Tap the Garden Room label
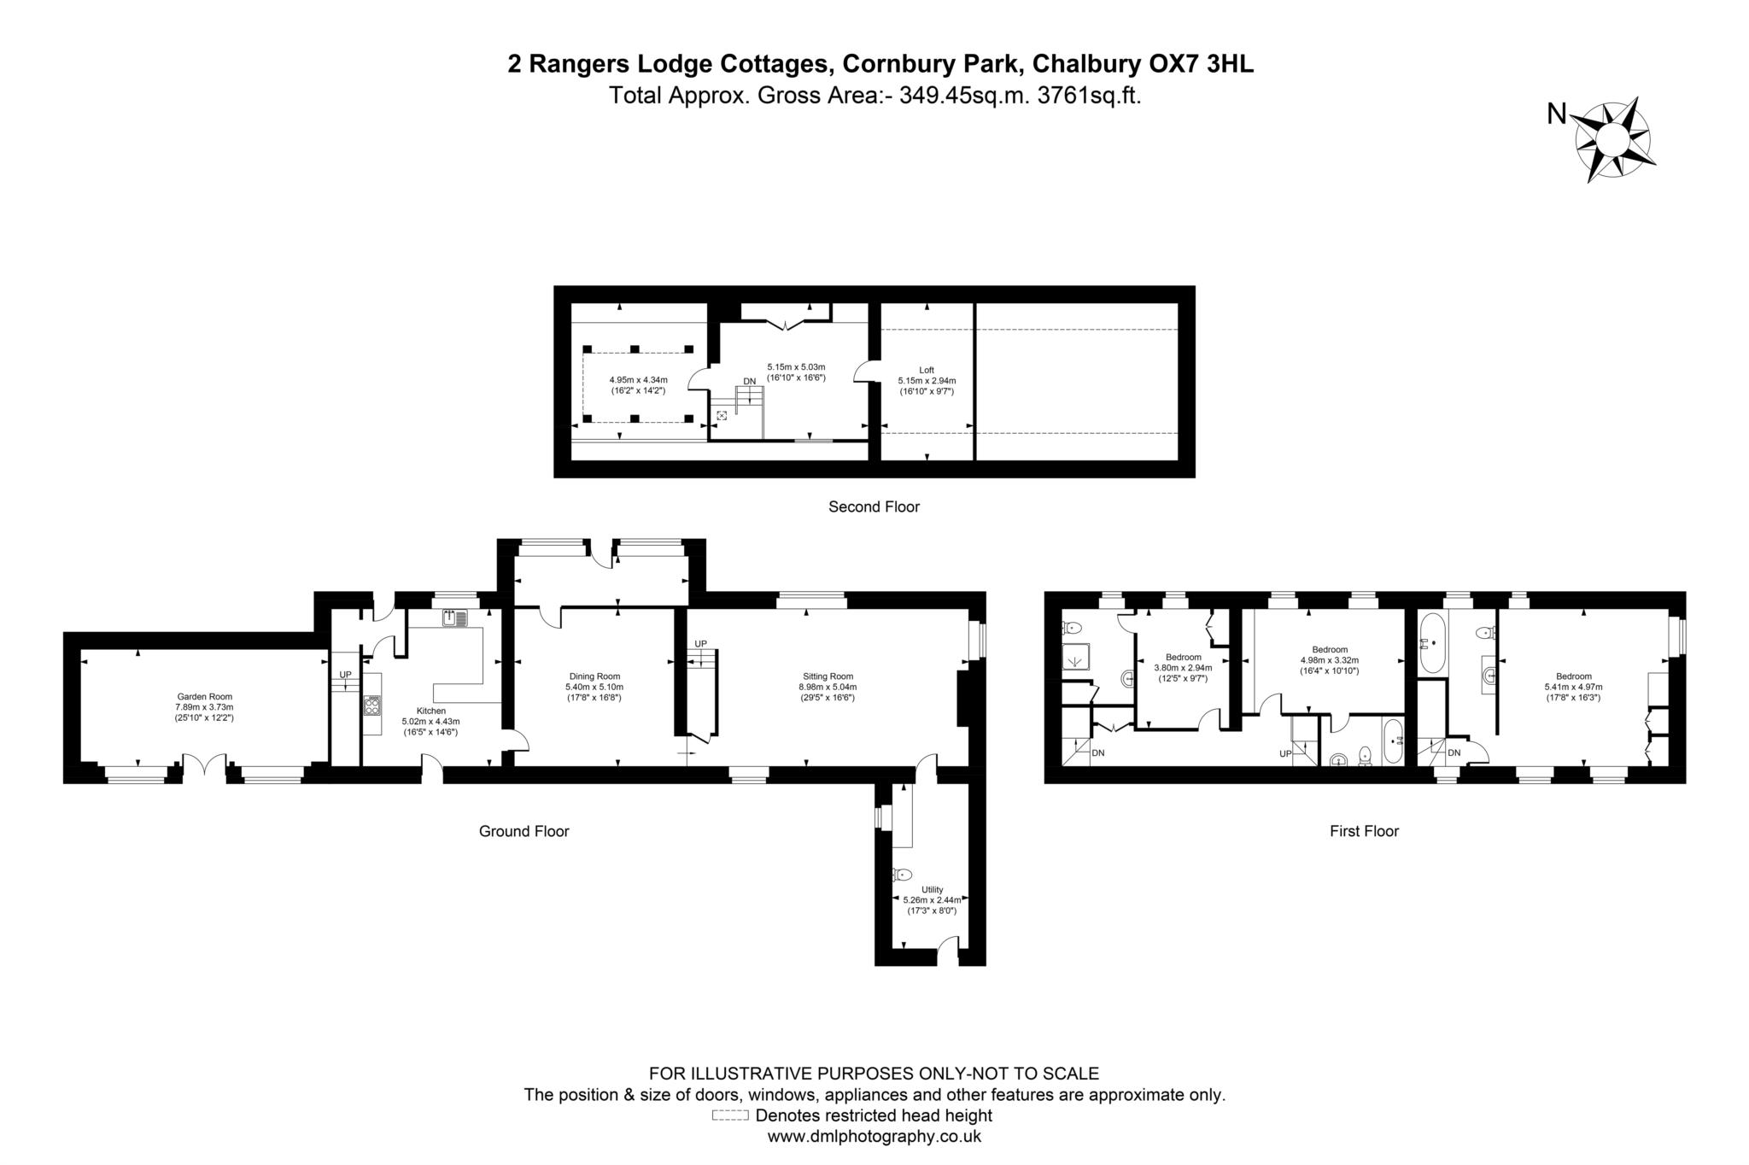tap(204, 696)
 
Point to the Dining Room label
tap(594, 676)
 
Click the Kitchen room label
tap(430, 711)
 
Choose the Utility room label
tap(932, 889)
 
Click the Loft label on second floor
tap(926, 370)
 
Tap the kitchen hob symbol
tap(373, 705)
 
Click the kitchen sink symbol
tap(454, 617)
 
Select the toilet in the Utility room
tap(901, 875)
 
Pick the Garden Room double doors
tap(204, 767)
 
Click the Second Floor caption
tap(874, 506)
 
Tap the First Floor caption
tap(1364, 831)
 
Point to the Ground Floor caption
tap(524, 831)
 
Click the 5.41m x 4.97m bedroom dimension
tap(1573, 687)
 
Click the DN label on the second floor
tap(749, 381)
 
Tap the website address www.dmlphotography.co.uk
tap(874, 1137)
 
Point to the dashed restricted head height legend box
tap(729, 1115)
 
